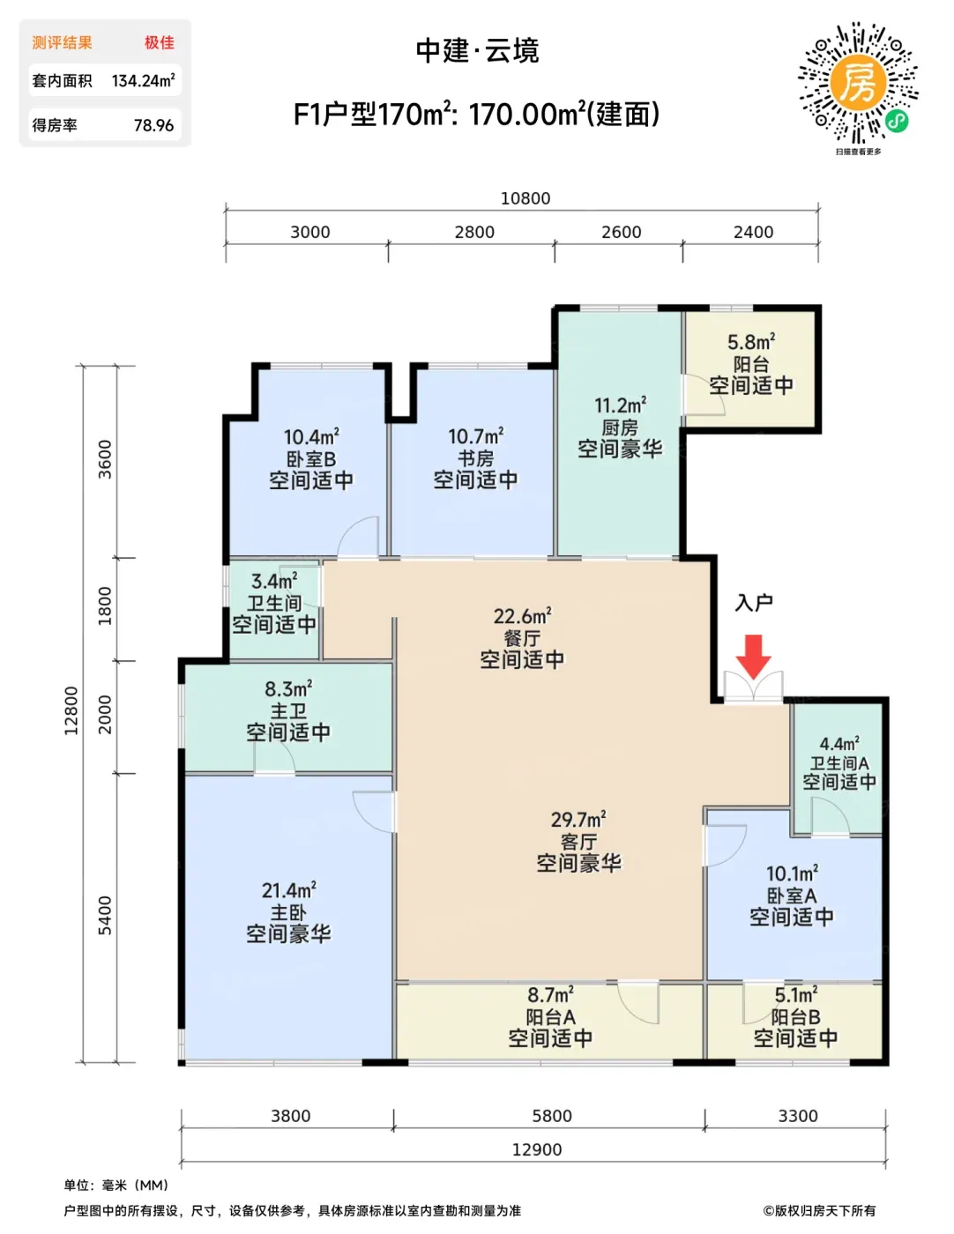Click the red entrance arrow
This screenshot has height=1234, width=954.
point(754,657)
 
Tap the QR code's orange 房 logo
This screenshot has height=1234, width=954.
point(859,83)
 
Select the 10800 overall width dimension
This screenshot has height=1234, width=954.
point(525,198)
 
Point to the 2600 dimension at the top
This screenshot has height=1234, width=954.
point(622,232)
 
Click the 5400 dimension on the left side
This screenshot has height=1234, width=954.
point(105,916)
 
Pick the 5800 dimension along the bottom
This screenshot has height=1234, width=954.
point(552,1116)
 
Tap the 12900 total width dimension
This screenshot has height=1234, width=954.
point(537,1149)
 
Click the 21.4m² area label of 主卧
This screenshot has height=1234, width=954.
point(289,890)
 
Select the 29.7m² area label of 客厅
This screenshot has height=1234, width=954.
point(578,820)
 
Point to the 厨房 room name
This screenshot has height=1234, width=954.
point(620,427)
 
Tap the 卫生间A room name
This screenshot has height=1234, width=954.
point(839,763)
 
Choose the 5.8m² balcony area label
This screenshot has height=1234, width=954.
point(751,342)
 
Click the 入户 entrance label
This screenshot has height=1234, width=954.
point(754,603)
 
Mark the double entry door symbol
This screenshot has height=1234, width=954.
point(754,688)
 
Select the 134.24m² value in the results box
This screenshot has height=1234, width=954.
point(143,80)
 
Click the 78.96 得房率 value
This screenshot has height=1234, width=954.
point(154,125)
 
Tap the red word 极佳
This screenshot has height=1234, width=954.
point(160,42)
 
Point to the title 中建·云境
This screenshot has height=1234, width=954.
point(477,50)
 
